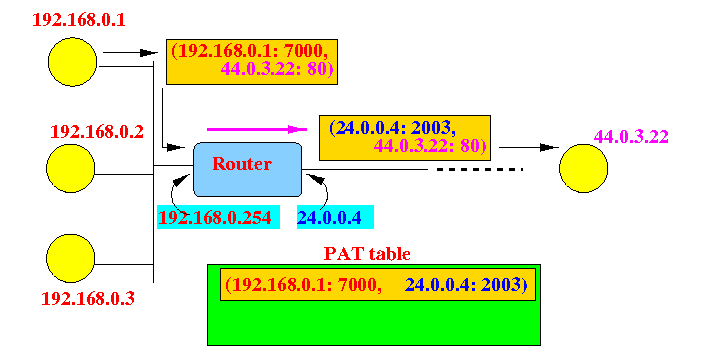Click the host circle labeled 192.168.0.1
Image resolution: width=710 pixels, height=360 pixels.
pyautogui.click(x=72, y=62)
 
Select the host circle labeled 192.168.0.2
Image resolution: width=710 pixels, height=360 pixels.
pyautogui.click(x=71, y=168)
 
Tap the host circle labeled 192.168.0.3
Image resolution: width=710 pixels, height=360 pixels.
pyautogui.click(x=71, y=259)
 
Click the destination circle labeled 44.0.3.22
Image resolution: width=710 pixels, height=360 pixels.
pyautogui.click(x=584, y=168)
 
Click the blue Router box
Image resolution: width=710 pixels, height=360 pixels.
pyautogui.click(x=248, y=169)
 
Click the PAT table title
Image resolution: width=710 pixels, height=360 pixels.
pyautogui.click(x=367, y=254)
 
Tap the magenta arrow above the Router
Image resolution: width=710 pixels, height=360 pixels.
pyautogui.click(x=257, y=130)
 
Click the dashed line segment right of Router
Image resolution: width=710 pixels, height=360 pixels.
pyautogui.click(x=480, y=169)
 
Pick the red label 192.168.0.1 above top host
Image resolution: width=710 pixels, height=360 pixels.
pyautogui.click(x=79, y=20)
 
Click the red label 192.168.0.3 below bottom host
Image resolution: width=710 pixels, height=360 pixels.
pyautogui.click(x=88, y=299)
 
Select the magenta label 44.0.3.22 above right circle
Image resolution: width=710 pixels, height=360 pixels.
pyautogui.click(x=631, y=136)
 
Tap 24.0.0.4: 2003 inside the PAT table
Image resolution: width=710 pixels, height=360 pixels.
pyautogui.click(x=466, y=284)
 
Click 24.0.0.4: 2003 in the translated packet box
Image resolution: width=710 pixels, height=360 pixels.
pyautogui.click(x=392, y=129)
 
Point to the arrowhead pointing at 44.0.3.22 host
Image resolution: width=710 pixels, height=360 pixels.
pyautogui.click(x=550, y=148)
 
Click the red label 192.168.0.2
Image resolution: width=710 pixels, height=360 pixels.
pyautogui.click(x=97, y=132)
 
